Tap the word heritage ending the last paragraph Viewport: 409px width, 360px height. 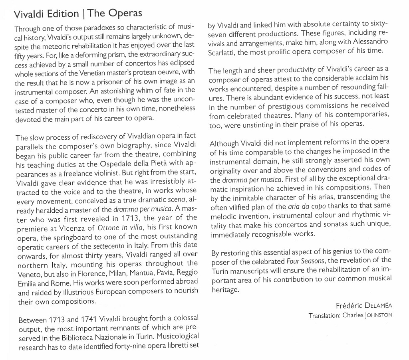point(224,290)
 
